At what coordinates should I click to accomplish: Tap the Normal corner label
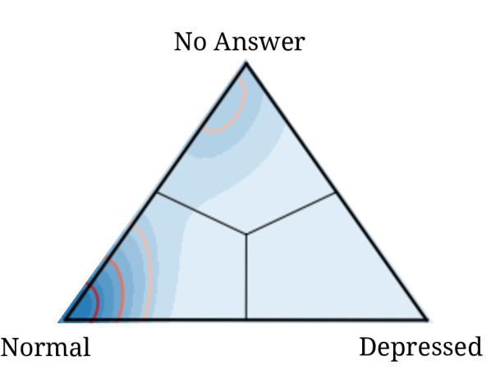pos(46,348)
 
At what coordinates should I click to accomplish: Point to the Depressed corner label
pos(420,348)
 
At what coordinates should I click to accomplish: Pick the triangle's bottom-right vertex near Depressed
pos(427,319)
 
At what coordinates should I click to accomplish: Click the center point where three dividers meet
pos(246,235)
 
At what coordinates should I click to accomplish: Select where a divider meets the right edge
pos(337,193)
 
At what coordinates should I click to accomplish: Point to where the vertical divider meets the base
pos(246,319)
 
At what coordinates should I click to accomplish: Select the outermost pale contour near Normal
pos(149,262)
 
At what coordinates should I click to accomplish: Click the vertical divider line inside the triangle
pos(246,279)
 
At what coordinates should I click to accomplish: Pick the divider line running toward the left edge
pos(201,213)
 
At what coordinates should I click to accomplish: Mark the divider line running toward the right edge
pos(291,213)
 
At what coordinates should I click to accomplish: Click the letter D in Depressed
pos(367,348)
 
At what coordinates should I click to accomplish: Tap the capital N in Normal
pos(9,348)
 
